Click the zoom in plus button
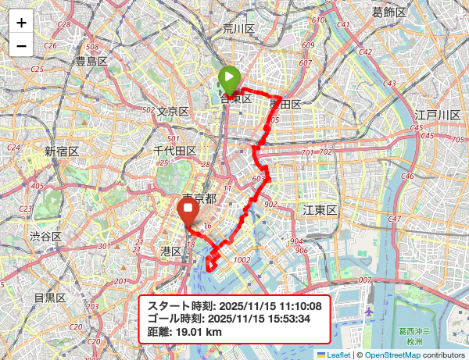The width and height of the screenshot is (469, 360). coord(21,23)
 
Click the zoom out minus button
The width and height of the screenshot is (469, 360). coord(21,46)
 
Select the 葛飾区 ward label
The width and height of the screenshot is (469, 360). coord(388,12)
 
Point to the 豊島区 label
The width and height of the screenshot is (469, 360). coord(91,61)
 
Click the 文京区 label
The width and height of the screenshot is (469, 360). coord(173,112)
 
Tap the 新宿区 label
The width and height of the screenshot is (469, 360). coord(61,151)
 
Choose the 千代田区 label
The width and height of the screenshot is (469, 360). coord(174,151)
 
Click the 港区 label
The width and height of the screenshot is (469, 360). coord(171,251)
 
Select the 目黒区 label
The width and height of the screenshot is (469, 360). coord(49,298)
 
